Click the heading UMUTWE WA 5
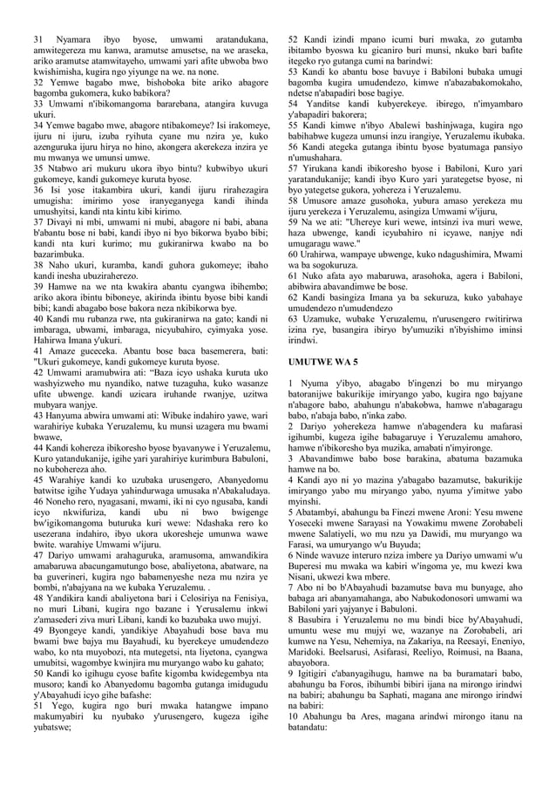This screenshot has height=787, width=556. (322, 360)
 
